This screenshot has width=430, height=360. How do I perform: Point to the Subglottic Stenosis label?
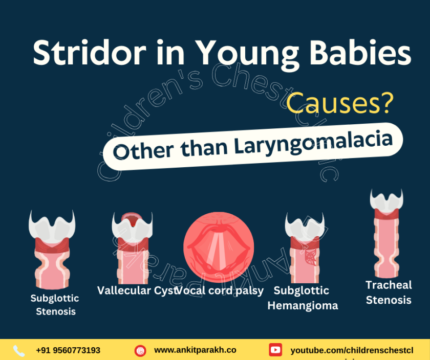click(55, 304)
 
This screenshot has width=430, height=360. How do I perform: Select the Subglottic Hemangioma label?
click(302, 298)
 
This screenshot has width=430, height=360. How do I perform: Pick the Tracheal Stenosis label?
click(389, 292)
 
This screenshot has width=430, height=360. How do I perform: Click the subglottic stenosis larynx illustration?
click(52, 251)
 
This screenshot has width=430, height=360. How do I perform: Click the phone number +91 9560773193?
click(68, 350)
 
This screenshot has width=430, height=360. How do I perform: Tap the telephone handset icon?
click(19, 351)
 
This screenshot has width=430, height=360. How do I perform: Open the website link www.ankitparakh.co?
click(195, 350)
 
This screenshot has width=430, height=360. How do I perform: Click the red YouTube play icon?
click(275, 350)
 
